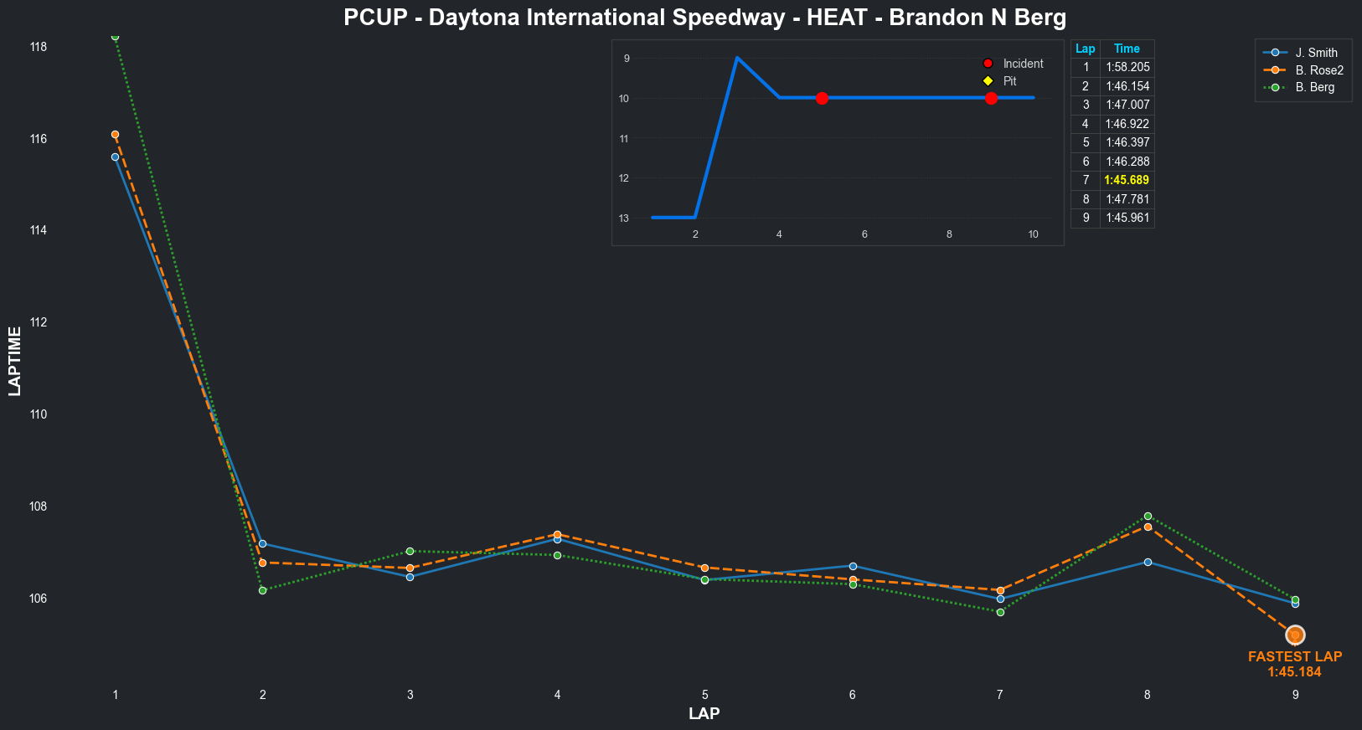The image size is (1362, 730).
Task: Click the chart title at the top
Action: coord(704,18)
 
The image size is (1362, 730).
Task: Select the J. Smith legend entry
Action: coord(1316,53)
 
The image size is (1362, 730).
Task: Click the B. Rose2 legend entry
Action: coord(1318,70)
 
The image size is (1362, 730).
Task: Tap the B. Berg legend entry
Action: coord(1314,87)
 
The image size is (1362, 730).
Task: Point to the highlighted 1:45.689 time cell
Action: coord(1127,180)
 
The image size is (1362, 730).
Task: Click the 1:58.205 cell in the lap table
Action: coord(1127,67)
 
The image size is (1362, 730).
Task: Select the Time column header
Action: coord(1127,49)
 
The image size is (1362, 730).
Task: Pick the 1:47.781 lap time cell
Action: coord(1127,199)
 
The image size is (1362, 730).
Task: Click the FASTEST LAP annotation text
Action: coord(1295,657)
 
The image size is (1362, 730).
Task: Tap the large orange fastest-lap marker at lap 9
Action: coord(1295,635)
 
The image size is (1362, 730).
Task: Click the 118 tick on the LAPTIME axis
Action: coord(39,47)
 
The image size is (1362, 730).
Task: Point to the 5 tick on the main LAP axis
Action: coord(705,695)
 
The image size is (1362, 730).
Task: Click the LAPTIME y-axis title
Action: coord(15,361)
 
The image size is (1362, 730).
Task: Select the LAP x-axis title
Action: coord(704,714)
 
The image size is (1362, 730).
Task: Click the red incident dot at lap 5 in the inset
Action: coord(822,98)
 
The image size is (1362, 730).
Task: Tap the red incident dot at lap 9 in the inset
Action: coord(991,98)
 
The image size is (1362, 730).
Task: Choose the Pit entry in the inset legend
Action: coord(1009,81)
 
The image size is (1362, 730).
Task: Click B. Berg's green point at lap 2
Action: coord(262,591)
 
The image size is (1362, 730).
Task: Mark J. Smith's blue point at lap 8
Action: coord(1148,563)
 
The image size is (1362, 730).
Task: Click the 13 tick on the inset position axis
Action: coord(624,218)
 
